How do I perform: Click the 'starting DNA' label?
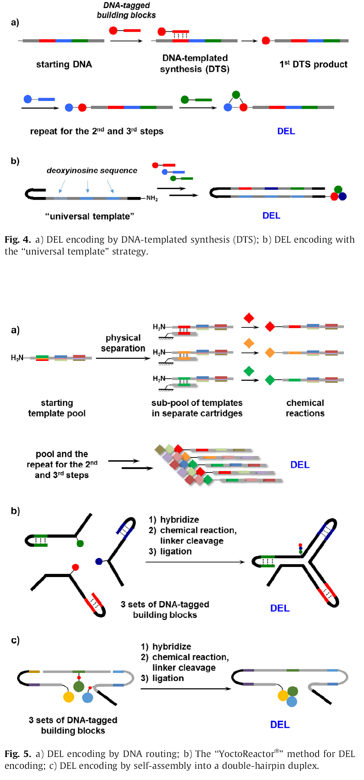click(x=64, y=65)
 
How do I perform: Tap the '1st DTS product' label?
click(x=313, y=64)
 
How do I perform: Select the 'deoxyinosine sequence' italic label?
click(x=92, y=171)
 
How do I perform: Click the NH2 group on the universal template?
click(x=152, y=198)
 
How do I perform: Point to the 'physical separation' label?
click(x=123, y=343)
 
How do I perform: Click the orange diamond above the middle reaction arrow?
click(x=249, y=343)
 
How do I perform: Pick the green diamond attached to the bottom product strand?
click(x=270, y=380)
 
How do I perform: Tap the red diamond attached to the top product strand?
click(x=270, y=327)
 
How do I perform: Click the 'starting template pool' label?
click(x=57, y=408)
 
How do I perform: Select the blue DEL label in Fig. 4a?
click(x=286, y=131)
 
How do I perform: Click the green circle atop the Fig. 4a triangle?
click(x=236, y=94)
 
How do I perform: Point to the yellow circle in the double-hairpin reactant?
click(x=69, y=697)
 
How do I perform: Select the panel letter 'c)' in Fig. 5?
click(x=15, y=640)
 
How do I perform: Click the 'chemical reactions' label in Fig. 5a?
click(x=305, y=408)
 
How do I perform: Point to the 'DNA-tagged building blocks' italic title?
click(x=126, y=10)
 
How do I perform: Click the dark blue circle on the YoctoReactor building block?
click(x=99, y=561)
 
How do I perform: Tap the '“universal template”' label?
click(x=90, y=217)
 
